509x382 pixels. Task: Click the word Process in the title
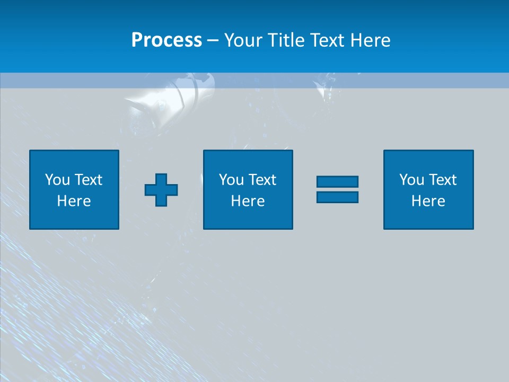point(166,40)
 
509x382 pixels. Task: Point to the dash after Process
point(213,41)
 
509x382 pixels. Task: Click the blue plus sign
point(161,190)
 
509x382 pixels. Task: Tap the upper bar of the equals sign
point(337,182)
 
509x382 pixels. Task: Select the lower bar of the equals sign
point(337,197)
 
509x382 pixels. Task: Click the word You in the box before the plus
point(57,179)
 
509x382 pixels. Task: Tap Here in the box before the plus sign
point(74,201)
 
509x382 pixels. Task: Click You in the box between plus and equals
point(231,179)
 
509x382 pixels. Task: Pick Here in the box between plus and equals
point(248,201)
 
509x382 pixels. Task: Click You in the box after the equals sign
point(411,179)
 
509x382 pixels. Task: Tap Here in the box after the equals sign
point(428,201)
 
